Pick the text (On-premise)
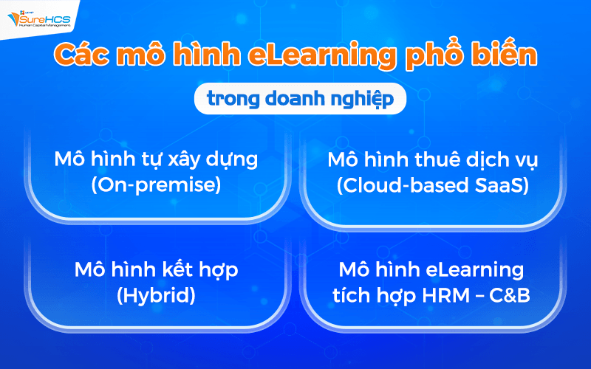coord(156,184)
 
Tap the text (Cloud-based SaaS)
coord(432,184)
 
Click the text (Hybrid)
coord(156,295)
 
